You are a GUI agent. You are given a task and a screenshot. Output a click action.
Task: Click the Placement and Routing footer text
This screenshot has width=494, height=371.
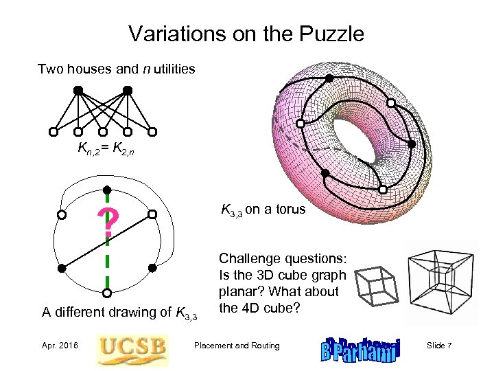pyautogui.click(x=237, y=346)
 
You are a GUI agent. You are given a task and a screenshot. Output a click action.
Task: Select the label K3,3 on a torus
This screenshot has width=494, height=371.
pyautogui.click(x=263, y=210)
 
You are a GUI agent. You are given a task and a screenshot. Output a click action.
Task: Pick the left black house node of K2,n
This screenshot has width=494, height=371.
pyautogui.click(x=78, y=90)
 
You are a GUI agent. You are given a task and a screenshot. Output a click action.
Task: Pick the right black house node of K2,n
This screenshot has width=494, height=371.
pyautogui.click(x=128, y=90)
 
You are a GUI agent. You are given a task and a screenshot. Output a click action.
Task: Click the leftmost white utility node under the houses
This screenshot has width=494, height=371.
pyautogui.click(x=54, y=132)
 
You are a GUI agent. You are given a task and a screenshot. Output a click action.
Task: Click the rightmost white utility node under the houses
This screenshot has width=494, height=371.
pyautogui.click(x=152, y=132)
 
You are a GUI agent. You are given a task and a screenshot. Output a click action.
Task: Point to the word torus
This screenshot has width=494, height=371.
pyautogui.click(x=291, y=210)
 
